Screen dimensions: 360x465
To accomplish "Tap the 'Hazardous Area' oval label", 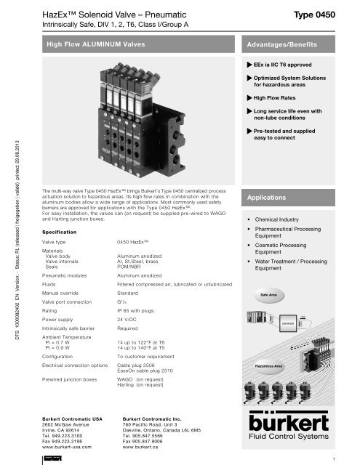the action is click(x=266, y=356).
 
